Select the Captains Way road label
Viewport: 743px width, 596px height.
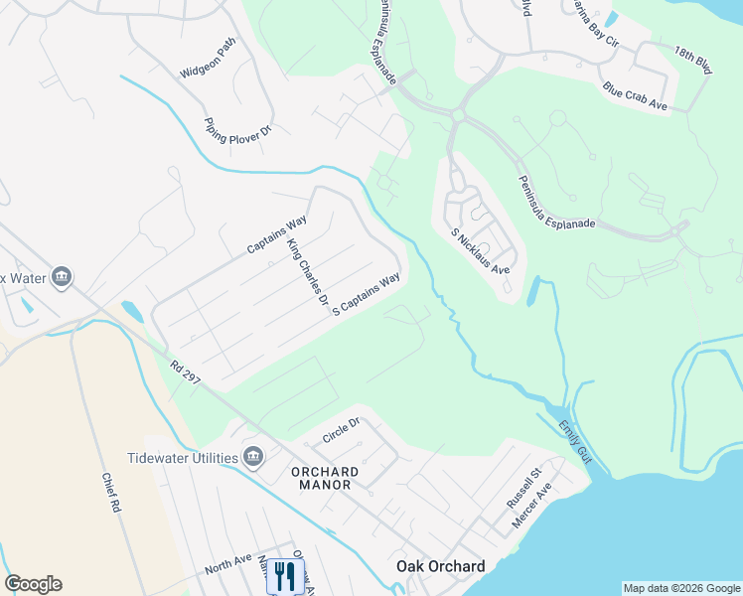pyautogui.click(x=277, y=233)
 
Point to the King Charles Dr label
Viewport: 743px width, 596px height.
pyautogui.click(x=307, y=271)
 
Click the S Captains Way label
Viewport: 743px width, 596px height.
pyautogui.click(x=366, y=295)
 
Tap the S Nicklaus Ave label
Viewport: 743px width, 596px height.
pyautogui.click(x=480, y=251)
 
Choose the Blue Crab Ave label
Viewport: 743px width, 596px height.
pyautogui.click(x=635, y=95)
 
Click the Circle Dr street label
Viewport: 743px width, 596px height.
pyautogui.click(x=340, y=430)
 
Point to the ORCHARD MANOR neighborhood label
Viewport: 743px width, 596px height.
pyautogui.click(x=321, y=478)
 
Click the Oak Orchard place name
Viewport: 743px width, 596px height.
pyautogui.click(x=441, y=567)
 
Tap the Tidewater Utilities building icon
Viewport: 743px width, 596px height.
pyautogui.click(x=253, y=457)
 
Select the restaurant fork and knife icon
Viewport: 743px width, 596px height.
pyautogui.click(x=285, y=575)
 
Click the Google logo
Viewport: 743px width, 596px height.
pyautogui.click(x=33, y=584)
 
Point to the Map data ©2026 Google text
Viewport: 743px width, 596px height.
pyautogui.click(x=680, y=588)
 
